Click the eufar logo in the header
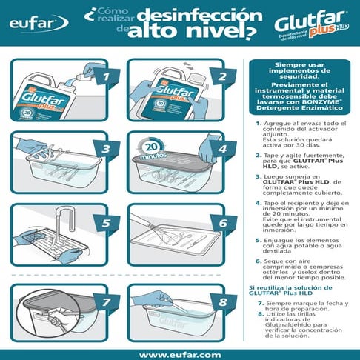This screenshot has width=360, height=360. [31, 23]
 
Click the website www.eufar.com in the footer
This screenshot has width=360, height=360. [180, 354]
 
